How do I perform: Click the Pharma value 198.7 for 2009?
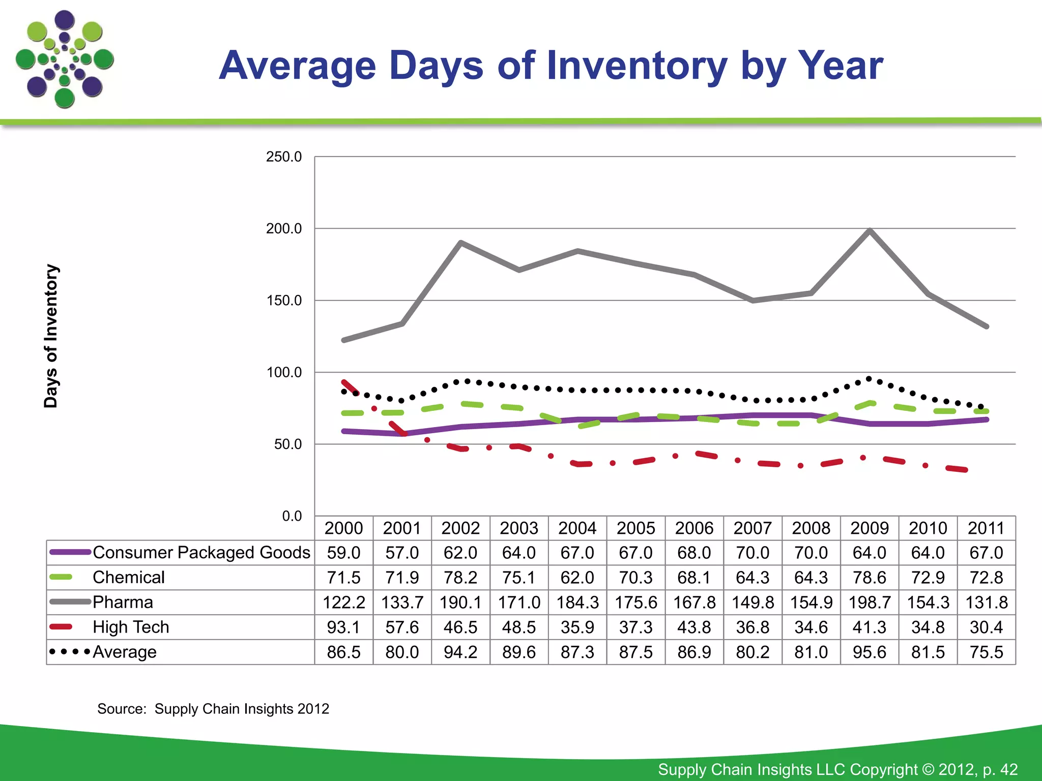point(870,603)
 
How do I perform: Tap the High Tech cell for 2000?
point(343,627)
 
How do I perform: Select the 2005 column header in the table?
point(635,528)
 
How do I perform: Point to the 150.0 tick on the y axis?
point(284,301)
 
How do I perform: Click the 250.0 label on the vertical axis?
point(284,157)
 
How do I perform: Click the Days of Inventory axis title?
point(51,336)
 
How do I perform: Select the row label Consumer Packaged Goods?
point(201,553)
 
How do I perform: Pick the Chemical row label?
point(129,578)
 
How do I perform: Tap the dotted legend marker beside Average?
point(70,651)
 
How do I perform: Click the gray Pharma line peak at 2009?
point(870,230)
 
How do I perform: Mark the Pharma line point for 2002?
point(460,243)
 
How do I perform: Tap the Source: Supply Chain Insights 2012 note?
point(213,709)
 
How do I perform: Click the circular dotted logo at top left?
point(65,59)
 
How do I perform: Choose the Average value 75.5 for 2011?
point(986,652)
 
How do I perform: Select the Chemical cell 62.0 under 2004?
point(577,578)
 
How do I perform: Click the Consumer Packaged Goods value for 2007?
point(752,553)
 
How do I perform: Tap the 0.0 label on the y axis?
point(292,516)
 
